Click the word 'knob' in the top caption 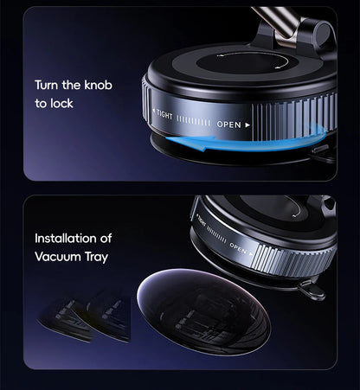click(98, 85)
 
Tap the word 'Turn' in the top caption click(47, 85)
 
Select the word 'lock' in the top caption click(61, 103)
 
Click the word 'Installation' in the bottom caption click(64, 239)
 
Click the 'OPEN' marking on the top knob click(228, 125)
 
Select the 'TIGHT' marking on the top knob click(164, 114)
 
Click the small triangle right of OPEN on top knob click(247, 125)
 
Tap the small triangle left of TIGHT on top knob click(153, 110)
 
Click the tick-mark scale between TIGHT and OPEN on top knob click(194, 121)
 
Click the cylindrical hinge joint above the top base click(323, 30)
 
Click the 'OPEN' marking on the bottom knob click(238, 248)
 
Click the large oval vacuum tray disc click(203, 312)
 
